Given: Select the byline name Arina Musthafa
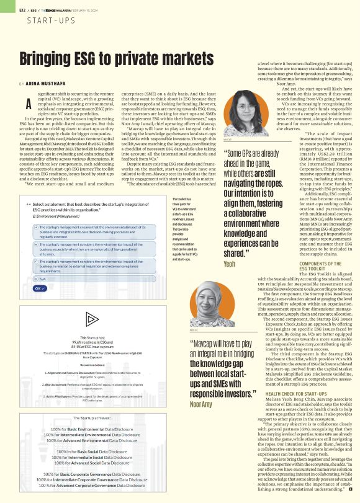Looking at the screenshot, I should [x=50, y=83].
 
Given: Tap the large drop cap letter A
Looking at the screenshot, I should [x=27, y=102].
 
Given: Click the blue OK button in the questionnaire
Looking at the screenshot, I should [x=39, y=288].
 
